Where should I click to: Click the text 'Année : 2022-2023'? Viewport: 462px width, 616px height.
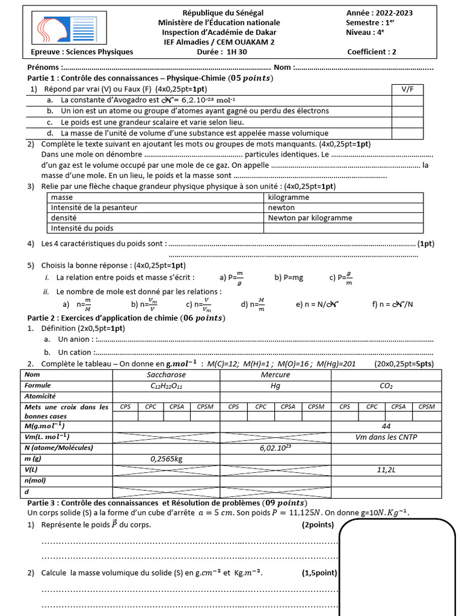click(379, 13)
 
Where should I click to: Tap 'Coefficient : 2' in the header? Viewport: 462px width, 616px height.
click(372, 52)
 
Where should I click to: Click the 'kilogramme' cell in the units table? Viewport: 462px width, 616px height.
click(289, 197)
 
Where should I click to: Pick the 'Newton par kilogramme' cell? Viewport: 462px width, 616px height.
click(310, 218)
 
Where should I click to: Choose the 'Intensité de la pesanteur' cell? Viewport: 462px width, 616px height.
click(94, 208)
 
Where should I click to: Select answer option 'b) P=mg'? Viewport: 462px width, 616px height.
click(289, 277)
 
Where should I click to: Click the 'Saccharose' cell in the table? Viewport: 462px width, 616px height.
click(167, 375)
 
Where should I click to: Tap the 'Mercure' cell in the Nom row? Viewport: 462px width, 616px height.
click(275, 375)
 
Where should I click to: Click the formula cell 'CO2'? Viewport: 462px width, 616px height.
click(386, 386)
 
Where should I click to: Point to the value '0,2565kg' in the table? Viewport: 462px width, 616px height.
click(167, 459)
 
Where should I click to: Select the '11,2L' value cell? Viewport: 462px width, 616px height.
click(386, 470)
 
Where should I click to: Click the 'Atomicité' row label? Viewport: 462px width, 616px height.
click(40, 396)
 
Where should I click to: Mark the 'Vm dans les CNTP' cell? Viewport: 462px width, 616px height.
click(386, 437)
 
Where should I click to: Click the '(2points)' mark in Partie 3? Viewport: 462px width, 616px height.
click(317, 525)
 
